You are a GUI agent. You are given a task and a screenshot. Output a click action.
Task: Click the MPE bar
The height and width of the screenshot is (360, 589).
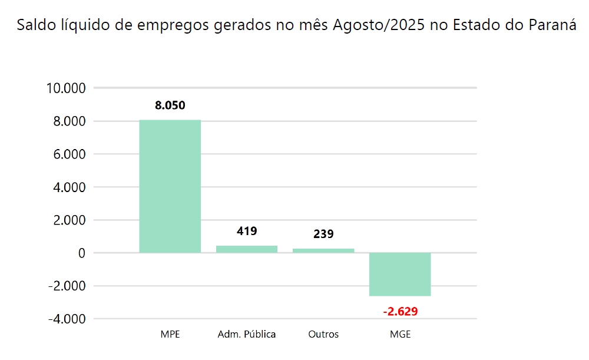coord(170,186)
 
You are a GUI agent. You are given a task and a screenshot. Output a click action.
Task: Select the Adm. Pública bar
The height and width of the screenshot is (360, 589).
coord(246,249)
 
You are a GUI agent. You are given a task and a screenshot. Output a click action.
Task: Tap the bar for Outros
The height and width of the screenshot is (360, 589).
coord(323,250)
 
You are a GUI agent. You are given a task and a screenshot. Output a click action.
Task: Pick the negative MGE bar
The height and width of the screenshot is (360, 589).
coord(400,274)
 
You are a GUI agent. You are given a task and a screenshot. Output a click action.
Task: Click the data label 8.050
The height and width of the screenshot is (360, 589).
coord(170,106)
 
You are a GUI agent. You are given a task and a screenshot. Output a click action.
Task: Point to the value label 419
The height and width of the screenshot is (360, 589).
coord(247,231)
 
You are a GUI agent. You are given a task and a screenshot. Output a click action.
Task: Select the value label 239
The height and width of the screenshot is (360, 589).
coord(323,234)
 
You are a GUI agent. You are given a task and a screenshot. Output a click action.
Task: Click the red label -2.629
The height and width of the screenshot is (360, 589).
coord(400,311)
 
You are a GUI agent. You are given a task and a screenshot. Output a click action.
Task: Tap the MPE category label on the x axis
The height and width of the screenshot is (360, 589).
coord(170,335)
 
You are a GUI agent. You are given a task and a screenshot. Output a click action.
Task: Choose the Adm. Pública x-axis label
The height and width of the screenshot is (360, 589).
coord(247,335)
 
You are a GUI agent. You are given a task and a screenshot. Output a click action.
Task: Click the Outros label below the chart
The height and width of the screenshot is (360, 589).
coord(323,335)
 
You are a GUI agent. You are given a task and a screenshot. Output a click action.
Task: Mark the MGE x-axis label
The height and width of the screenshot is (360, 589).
coord(401,335)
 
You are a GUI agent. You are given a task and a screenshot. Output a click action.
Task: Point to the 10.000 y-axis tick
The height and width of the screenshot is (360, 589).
coord(66,88)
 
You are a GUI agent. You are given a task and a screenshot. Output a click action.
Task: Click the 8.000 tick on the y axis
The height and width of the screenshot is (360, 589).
coord(70,121)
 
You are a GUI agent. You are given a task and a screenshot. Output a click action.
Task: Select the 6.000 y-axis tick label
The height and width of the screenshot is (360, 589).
coord(70,154)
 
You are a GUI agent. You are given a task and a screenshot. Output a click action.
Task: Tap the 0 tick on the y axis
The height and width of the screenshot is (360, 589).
coord(82,253)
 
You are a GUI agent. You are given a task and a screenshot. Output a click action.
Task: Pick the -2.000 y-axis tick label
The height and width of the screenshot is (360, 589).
coord(67,286)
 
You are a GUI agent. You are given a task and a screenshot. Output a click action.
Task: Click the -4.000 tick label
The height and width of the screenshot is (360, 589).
coord(67,319)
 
